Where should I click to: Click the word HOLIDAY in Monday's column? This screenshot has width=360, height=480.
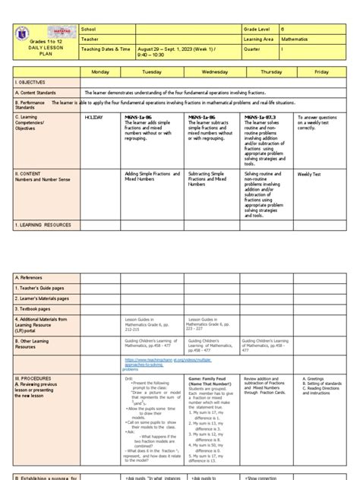click(94, 118)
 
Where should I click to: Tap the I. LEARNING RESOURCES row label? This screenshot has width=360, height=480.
click(43, 226)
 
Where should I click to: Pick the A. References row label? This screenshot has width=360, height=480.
click(31, 278)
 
